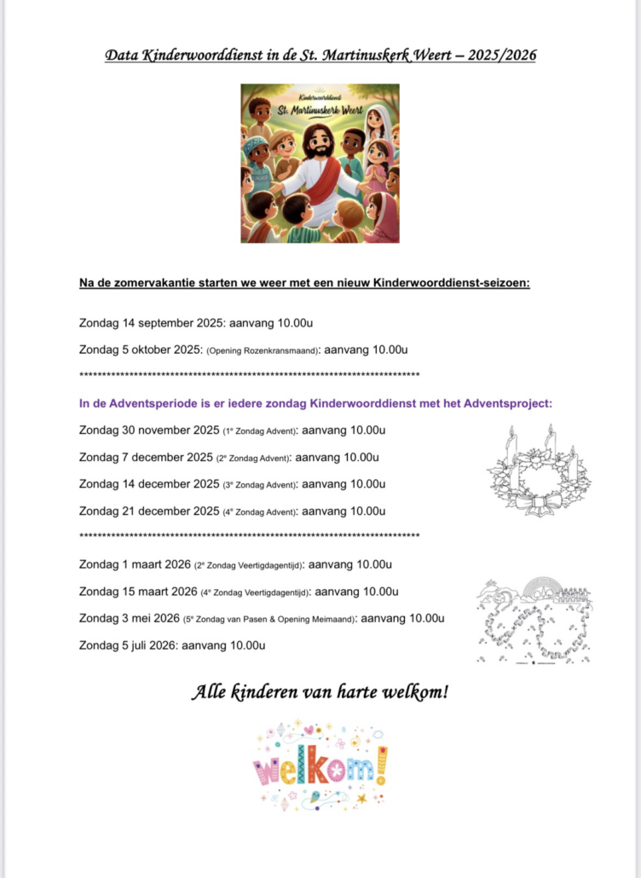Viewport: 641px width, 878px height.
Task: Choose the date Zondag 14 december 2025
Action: [x=148, y=484]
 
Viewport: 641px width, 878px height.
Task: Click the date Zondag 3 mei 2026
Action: [x=129, y=618]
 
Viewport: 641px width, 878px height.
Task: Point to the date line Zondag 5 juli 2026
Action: [x=171, y=645]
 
